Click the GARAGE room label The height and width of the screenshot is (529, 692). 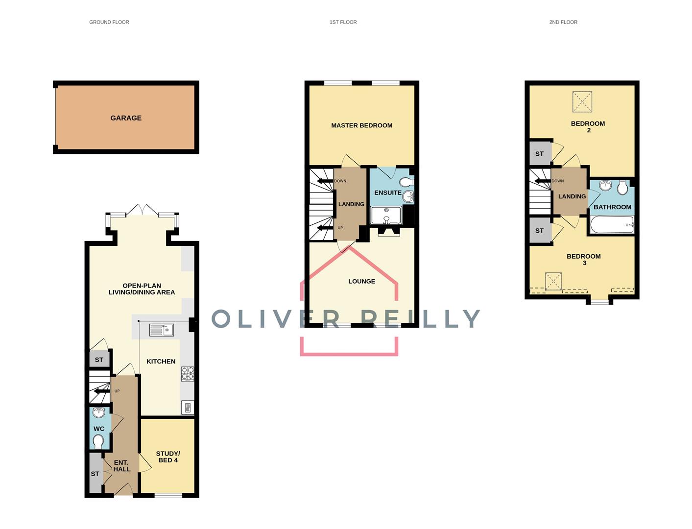point(126,118)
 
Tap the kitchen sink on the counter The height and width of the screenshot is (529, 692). point(162,330)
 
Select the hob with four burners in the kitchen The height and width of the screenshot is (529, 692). point(187,374)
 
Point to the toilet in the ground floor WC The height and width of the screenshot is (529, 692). point(98,441)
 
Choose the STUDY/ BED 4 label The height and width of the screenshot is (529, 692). point(168,457)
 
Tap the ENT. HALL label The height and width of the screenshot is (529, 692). point(121,466)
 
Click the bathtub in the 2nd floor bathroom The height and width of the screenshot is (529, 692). point(612,224)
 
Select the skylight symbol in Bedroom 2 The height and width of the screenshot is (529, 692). point(582,101)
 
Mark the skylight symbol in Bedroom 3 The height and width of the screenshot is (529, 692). point(553,281)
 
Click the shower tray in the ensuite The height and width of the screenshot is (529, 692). point(386,215)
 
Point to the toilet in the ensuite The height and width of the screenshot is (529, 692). point(406,182)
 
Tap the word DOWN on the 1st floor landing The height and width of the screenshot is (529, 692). point(340,181)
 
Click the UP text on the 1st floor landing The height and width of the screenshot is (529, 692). point(340,228)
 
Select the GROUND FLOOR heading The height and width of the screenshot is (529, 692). point(109,22)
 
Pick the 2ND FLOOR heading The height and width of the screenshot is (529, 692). point(563,22)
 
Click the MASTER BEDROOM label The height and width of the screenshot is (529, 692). point(361,125)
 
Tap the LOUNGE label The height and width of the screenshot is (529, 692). point(361,281)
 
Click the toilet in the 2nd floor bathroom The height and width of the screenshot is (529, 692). point(622,187)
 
